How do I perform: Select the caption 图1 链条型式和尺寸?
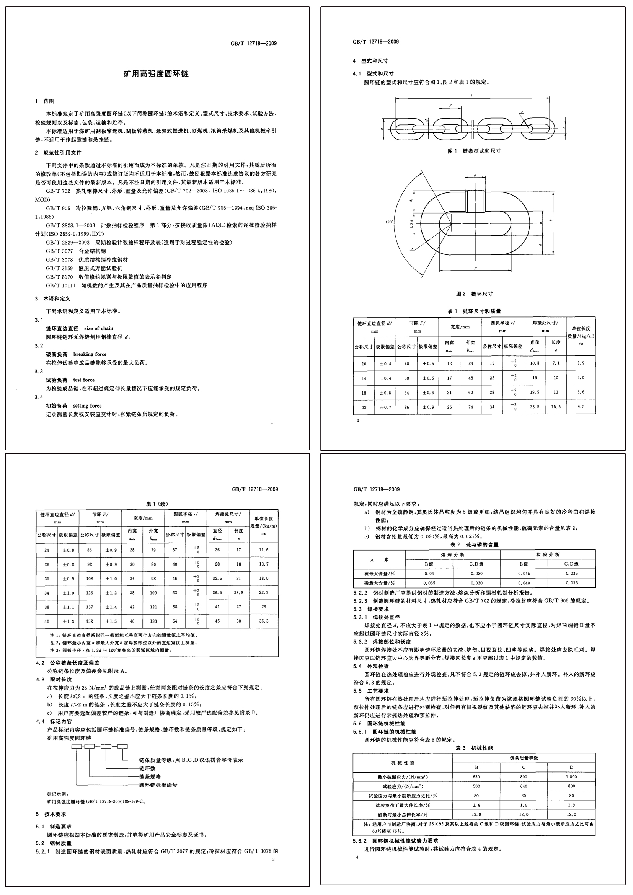click(x=474, y=151)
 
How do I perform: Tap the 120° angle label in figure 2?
click(x=389, y=222)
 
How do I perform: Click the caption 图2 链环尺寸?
click(x=474, y=293)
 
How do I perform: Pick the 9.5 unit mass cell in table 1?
click(x=581, y=407)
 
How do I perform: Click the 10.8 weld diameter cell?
click(x=534, y=363)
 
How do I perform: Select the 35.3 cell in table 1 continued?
click(x=264, y=621)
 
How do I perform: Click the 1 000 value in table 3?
click(x=571, y=776)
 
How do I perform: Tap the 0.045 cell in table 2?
click(x=524, y=574)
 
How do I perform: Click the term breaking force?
click(x=90, y=354)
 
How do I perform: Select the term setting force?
click(x=87, y=406)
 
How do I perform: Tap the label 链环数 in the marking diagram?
click(x=147, y=768)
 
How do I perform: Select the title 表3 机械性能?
click(x=474, y=748)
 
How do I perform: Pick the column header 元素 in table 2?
click(x=379, y=559)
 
